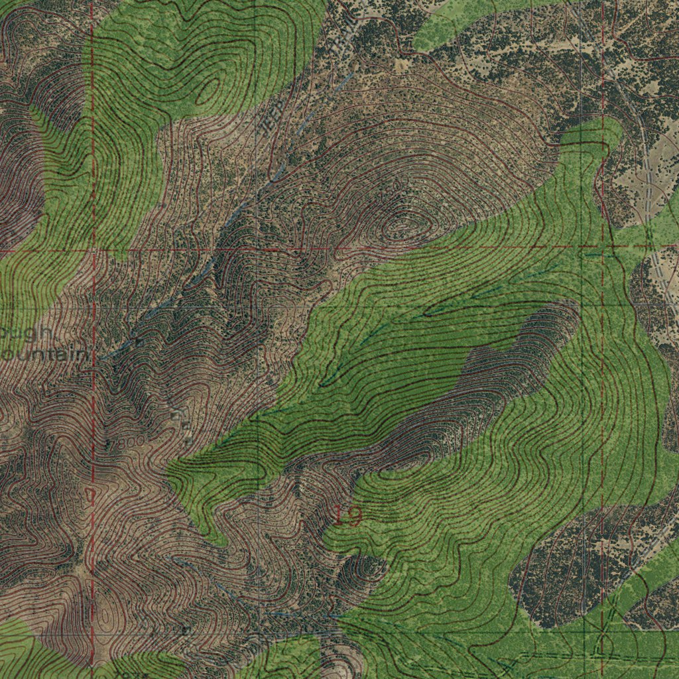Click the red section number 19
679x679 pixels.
tap(346, 515)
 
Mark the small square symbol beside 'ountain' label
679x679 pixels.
tap(139, 342)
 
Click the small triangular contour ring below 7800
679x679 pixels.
tap(90, 494)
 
